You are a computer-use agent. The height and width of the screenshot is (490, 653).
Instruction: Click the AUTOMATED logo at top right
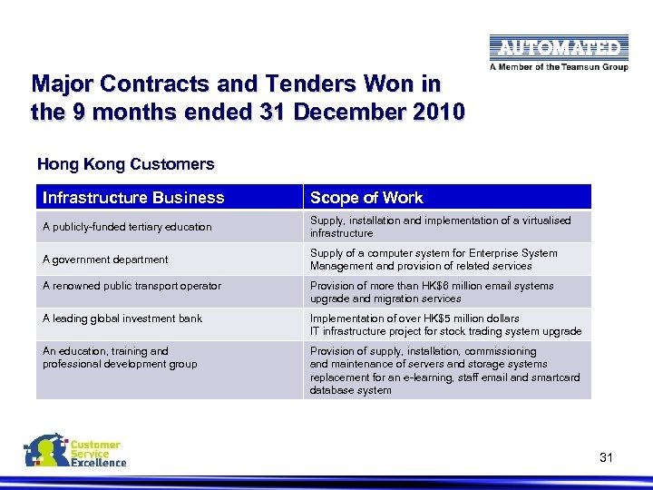(558, 48)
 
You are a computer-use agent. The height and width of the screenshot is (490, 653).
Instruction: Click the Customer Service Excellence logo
(75, 450)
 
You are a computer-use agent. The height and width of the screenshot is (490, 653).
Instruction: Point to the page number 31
(606, 458)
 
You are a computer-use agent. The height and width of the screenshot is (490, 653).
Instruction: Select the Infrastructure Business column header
(133, 198)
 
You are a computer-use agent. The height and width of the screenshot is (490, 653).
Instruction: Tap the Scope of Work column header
(366, 198)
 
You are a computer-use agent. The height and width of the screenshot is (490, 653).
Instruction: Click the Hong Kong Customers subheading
(125, 164)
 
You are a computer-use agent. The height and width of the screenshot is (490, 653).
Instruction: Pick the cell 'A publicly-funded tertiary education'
(127, 227)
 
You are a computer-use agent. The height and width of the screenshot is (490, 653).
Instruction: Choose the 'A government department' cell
(105, 260)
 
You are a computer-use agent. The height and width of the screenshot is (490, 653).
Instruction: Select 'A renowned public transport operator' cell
(132, 286)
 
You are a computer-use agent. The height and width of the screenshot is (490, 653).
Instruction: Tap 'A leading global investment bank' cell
(122, 318)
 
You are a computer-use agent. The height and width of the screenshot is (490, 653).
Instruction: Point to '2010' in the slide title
(440, 113)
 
